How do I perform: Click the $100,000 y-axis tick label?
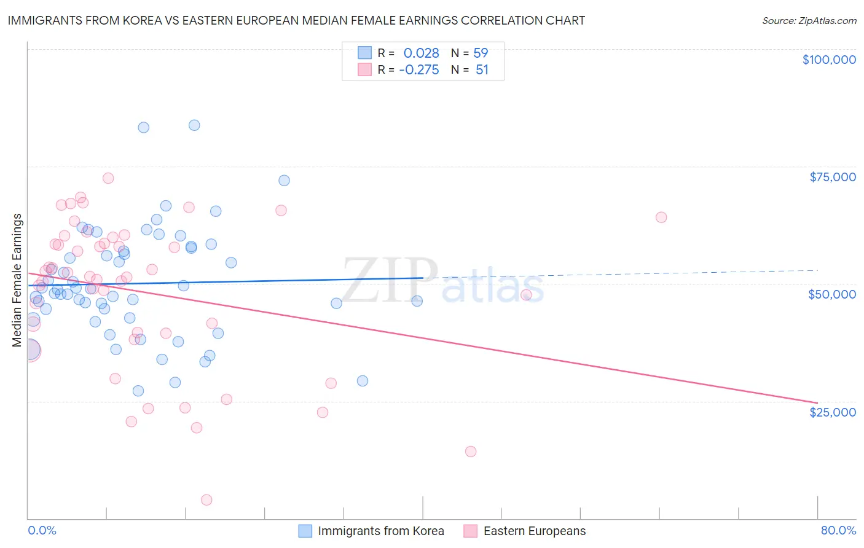pyautogui.click(x=828, y=60)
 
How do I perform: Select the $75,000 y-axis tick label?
pyautogui.click(x=832, y=177)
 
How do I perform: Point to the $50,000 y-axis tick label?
pyautogui.click(x=831, y=294)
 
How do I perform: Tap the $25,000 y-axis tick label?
pyautogui.click(x=832, y=412)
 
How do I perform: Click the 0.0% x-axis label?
pyautogui.click(x=42, y=530)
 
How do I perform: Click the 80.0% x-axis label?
pyautogui.click(x=838, y=530)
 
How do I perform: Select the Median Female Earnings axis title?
pyautogui.click(x=17, y=280)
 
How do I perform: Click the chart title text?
pyautogui.click(x=296, y=20)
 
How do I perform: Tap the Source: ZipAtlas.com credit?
pyautogui.click(x=809, y=20)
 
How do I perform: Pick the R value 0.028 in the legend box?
pyautogui.click(x=421, y=53)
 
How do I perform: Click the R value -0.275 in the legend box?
pyautogui.click(x=418, y=70)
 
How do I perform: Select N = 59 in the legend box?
pyautogui.click(x=469, y=53)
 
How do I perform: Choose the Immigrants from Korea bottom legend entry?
pyautogui.click(x=371, y=531)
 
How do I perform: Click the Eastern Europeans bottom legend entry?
pyautogui.click(x=525, y=531)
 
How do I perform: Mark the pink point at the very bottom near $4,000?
pyautogui.click(x=206, y=500)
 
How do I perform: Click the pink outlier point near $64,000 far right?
pyautogui.click(x=661, y=217)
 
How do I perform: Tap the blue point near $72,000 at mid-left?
pyautogui.click(x=284, y=181)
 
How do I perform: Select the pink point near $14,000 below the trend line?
pyautogui.click(x=471, y=452)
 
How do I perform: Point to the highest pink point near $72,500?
pyautogui.click(x=108, y=178)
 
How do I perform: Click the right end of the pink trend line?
pyautogui.click(x=817, y=403)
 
